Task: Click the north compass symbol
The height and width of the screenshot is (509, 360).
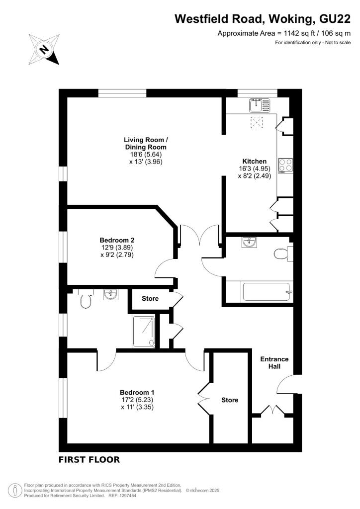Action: click(45, 49)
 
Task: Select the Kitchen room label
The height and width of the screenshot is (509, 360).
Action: click(255, 161)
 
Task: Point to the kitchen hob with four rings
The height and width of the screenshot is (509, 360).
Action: click(285, 165)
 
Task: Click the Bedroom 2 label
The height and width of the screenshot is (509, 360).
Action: click(117, 240)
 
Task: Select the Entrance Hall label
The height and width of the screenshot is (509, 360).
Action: click(275, 363)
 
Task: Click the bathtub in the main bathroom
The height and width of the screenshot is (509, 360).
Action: click(258, 291)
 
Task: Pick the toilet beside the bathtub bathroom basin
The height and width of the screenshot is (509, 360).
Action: click(282, 254)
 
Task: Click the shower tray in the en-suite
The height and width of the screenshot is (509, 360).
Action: click(144, 330)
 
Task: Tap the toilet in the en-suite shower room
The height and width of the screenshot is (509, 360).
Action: click(85, 300)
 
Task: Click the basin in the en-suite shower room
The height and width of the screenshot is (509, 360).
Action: click(110, 295)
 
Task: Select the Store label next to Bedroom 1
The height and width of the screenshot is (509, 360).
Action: click(230, 400)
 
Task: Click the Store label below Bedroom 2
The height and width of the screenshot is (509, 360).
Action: click(150, 299)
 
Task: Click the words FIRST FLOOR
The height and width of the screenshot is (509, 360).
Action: click(89, 460)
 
